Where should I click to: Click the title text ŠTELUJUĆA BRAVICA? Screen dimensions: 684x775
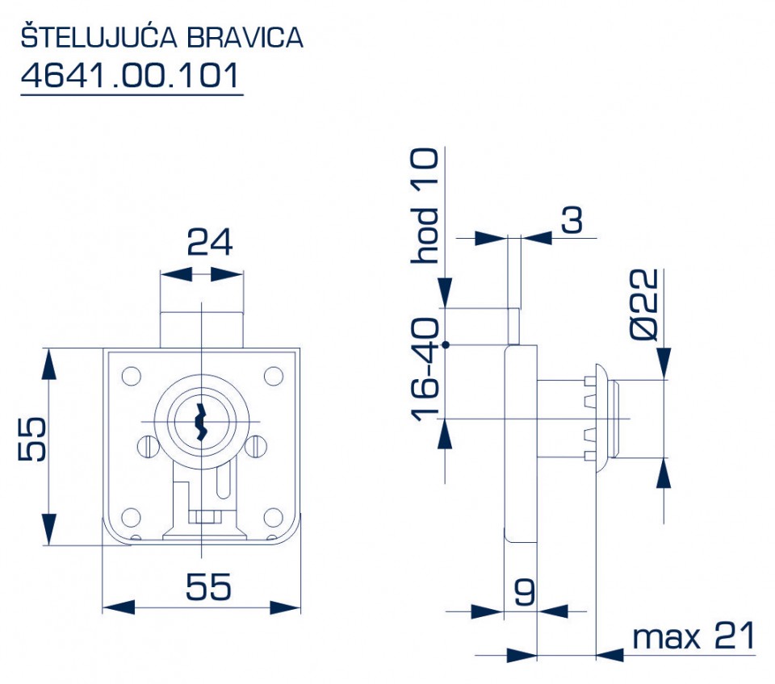click(x=161, y=38)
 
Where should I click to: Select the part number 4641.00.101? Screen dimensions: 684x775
click(x=131, y=76)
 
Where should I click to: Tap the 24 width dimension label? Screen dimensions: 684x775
click(x=209, y=242)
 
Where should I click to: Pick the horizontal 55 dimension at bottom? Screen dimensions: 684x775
click(x=208, y=587)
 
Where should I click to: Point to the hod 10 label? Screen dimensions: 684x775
click(x=425, y=206)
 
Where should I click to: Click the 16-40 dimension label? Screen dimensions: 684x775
click(x=425, y=369)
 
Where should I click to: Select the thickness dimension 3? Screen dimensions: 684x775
click(x=572, y=220)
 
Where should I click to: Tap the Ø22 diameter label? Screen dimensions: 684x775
click(x=646, y=305)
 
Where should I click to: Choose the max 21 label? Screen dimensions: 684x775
click(x=693, y=637)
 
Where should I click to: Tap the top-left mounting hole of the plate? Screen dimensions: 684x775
click(x=130, y=375)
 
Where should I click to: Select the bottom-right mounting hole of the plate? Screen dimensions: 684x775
click(x=274, y=516)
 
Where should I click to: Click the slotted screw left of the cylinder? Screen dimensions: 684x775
click(x=147, y=444)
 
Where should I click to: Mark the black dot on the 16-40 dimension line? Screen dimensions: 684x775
click(x=446, y=345)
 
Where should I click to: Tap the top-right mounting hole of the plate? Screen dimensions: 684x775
click(x=274, y=375)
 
